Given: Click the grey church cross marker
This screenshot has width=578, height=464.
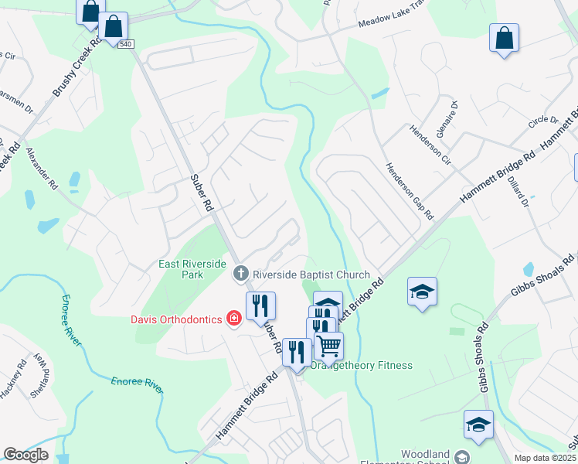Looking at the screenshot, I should pyautogui.click(x=241, y=273).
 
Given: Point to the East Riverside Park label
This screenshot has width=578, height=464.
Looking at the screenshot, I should pyautogui.click(x=192, y=269).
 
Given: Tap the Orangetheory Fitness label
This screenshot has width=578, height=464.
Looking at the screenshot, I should pyautogui.click(x=362, y=365).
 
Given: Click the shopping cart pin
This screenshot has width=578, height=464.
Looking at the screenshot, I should pyautogui.click(x=329, y=346).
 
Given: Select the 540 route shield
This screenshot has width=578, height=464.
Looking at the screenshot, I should pyautogui.click(x=126, y=44).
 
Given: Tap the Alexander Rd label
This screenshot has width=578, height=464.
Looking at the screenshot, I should pyautogui.click(x=42, y=169).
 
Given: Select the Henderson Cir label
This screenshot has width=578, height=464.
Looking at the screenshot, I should pyautogui.click(x=430, y=139).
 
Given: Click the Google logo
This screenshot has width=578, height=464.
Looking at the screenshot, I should pyautogui.click(x=26, y=455).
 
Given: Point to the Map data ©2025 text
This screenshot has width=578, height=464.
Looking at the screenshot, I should pyautogui.click(x=545, y=458).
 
